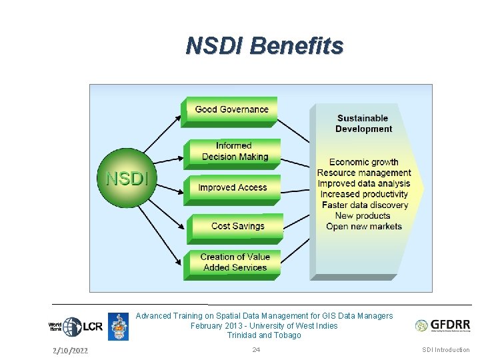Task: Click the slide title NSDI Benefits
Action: [265, 45]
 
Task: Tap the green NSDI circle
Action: [127, 179]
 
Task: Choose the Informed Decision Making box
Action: [233, 152]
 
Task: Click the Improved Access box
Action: [232, 188]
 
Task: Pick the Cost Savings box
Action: [237, 227]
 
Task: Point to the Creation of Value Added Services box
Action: [235, 262]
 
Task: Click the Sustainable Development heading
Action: [363, 123]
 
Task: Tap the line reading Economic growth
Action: [363, 162]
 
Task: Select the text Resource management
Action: [364, 173]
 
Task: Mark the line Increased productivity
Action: [364, 194]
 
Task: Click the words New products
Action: [363, 215]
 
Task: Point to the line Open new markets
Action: [364, 226]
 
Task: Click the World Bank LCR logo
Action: [75, 327]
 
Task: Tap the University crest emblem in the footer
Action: [118, 327]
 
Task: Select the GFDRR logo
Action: [443, 325]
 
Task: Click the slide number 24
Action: [256, 350]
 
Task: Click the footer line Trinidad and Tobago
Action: [264, 335]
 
